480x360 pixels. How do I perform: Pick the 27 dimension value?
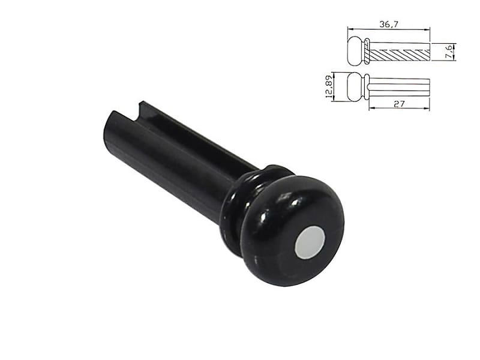(400, 103)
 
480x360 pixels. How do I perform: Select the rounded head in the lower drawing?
(356, 87)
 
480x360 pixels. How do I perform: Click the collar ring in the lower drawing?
(367, 87)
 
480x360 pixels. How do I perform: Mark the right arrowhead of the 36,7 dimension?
(428, 29)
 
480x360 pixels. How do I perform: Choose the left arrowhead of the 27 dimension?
(371, 109)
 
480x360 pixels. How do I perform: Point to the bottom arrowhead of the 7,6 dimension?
(454, 59)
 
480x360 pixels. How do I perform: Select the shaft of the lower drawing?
(400, 87)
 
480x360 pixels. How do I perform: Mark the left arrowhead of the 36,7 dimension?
(349, 29)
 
